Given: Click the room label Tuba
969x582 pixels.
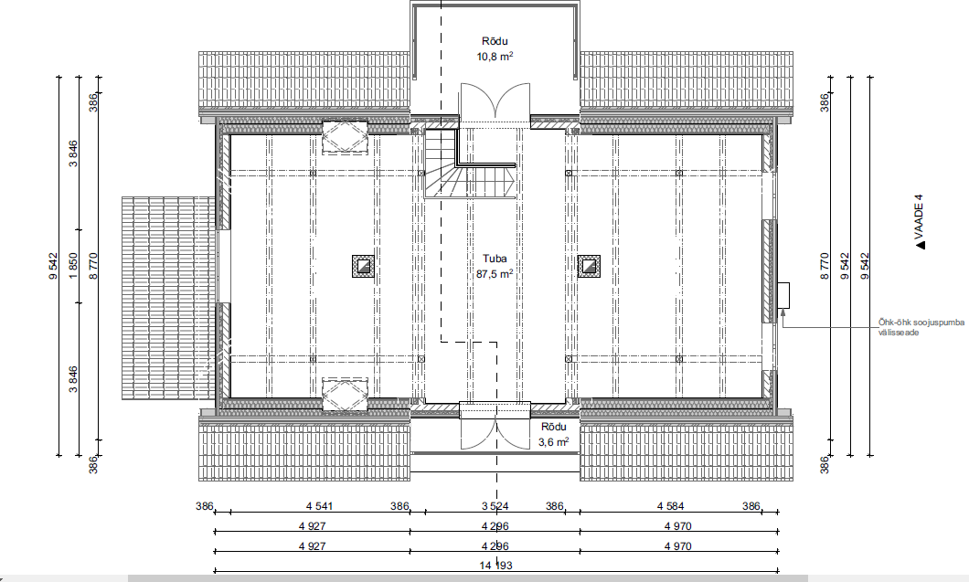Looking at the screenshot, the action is (x=495, y=259).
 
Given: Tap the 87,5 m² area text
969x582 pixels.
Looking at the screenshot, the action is (x=495, y=274).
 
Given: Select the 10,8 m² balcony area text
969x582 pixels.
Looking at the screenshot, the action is (x=495, y=57).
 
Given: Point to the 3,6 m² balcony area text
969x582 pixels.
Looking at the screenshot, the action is (x=554, y=441).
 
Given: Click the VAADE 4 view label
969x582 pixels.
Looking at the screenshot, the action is (x=919, y=217).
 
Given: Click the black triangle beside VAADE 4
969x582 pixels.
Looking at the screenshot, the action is (x=921, y=245).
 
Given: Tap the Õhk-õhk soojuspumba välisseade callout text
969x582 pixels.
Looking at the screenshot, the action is (x=921, y=327).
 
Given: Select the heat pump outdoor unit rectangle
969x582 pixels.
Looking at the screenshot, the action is (x=783, y=295).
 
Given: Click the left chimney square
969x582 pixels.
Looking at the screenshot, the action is (x=363, y=266).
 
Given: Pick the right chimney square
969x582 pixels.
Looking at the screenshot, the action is (x=589, y=266).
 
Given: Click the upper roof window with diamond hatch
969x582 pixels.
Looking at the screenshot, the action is (x=345, y=136).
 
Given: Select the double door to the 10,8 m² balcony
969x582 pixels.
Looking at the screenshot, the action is (x=495, y=101).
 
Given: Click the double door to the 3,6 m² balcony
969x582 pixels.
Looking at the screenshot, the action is (x=495, y=432).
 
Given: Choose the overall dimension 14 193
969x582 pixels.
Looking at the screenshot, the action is (x=495, y=566).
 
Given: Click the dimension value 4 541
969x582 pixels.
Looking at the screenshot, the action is (x=319, y=507).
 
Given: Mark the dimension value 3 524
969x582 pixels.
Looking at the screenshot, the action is (x=495, y=507).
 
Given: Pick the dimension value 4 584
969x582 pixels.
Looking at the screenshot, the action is (x=670, y=507).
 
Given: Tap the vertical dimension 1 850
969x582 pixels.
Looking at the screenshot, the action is (x=73, y=266).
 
